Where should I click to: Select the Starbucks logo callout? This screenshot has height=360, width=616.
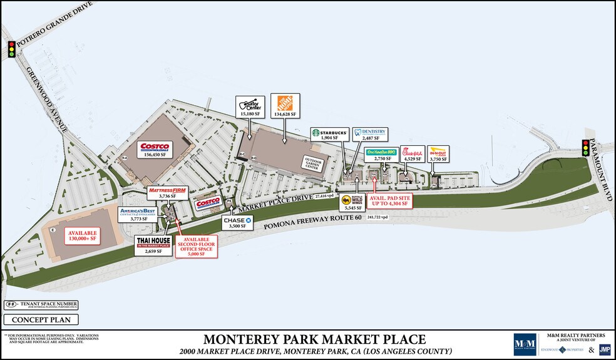329,133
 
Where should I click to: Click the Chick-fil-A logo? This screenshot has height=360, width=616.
413,152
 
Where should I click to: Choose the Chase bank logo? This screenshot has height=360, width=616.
238,220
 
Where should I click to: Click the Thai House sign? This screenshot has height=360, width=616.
153,242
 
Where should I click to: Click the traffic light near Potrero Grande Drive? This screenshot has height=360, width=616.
11,49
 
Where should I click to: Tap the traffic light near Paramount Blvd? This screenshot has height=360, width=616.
586,147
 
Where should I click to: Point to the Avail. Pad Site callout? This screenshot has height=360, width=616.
391,200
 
